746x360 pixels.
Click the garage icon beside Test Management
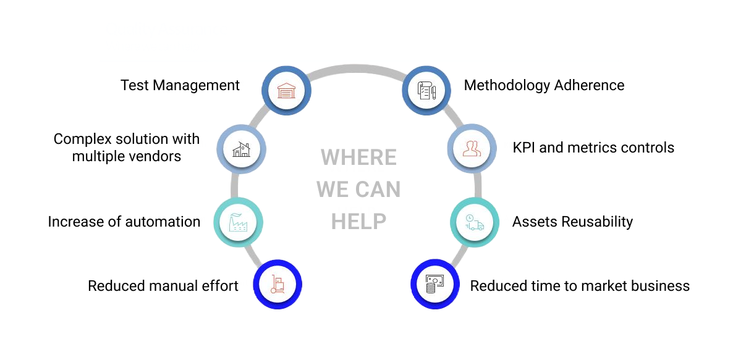click(286, 91)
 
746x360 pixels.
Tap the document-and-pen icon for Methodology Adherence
click(427, 91)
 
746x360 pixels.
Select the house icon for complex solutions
click(241, 149)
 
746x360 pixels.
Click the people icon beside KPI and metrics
click(472, 148)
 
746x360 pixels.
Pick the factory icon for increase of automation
click(238, 222)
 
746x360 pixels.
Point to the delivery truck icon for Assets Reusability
click(475, 222)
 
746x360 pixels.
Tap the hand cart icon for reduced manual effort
click(278, 284)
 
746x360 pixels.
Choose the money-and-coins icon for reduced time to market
click(435, 284)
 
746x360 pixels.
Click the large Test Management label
click(179, 85)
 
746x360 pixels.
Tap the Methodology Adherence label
click(544, 85)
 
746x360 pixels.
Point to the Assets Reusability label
click(570, 222)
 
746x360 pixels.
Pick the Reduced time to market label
click(548, 286)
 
